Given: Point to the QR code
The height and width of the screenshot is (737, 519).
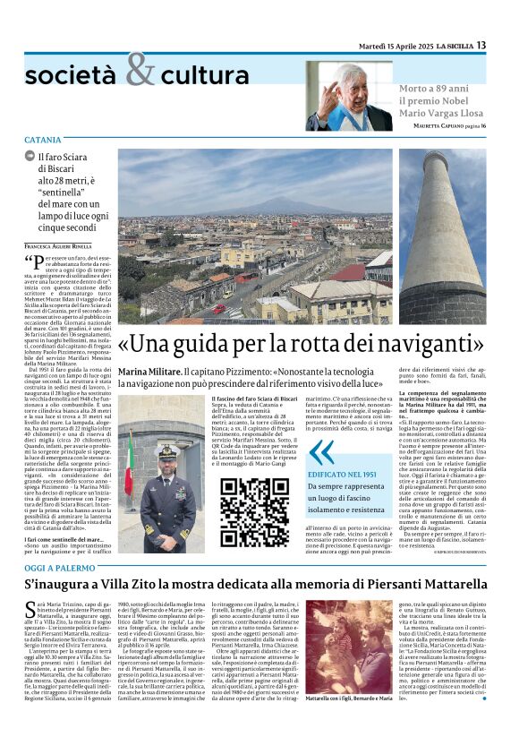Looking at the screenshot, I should (x=254, y=512).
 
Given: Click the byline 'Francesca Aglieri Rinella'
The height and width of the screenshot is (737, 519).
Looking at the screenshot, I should (x=58, y=245).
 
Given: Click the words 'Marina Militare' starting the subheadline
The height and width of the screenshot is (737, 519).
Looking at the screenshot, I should (x=149, y=370).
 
